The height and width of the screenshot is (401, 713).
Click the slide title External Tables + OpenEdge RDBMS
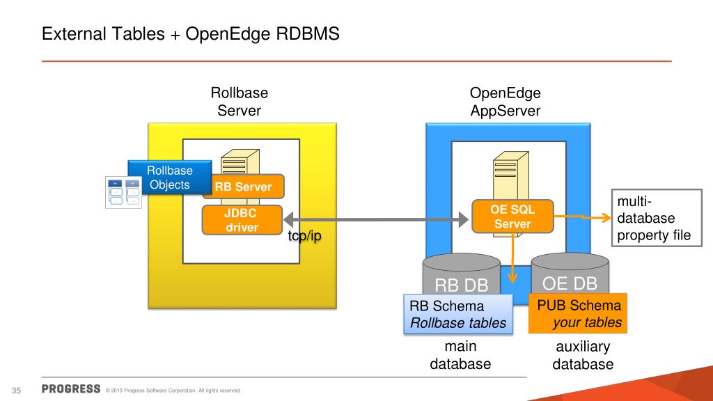tap(191, 34)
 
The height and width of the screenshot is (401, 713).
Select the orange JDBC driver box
tap(242, 220)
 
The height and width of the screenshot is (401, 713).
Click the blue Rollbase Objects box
tap(170, 178)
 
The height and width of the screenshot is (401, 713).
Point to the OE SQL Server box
tap(512, 217)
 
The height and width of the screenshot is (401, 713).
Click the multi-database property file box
tap(657, 218)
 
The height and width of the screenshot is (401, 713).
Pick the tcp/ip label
tap(305, 236)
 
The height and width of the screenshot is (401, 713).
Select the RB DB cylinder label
tap(461, 285)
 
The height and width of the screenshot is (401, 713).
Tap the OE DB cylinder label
tap(570, 283)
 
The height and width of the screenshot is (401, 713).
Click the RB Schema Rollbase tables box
tap(458, 314)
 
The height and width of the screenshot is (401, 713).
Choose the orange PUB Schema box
tap(578, 313)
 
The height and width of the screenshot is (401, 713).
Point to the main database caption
tap(460, 355)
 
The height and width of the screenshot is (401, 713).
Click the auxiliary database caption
tap(583, 355)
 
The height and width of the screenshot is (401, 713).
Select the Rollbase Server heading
tap(240, 102)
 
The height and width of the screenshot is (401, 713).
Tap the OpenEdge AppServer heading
tap(506, 102)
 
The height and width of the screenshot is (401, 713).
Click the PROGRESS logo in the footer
tap(71, 388)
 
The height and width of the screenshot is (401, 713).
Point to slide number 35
tap(17, 391)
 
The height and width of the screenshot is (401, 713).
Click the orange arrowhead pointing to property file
tap(607, 218)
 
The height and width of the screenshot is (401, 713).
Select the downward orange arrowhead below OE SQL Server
tap(512, 278)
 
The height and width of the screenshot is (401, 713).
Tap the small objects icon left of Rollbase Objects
tap(123, 192)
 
